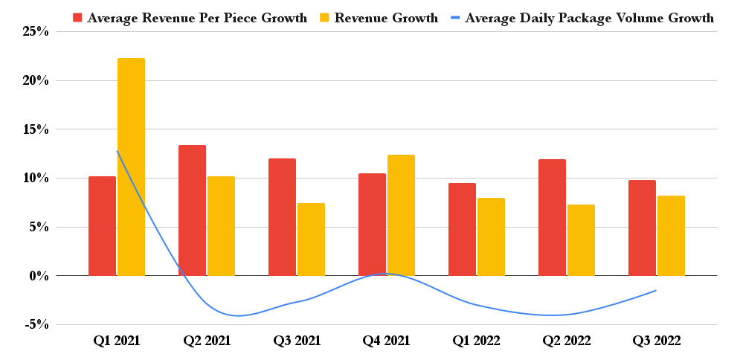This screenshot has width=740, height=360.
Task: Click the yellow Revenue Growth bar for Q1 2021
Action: pyautogui.click(x=132, y=167)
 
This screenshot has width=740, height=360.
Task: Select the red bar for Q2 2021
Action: pyautogui.click(x=192, y=210)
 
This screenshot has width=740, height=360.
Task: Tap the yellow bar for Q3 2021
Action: pyautogui.click(x=311, y=239)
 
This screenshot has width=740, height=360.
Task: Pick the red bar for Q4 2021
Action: pyautogui.click(x=372, y=224)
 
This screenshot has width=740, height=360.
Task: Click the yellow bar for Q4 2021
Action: pyautogui.click(x=401, y=215)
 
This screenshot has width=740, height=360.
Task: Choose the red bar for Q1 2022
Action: pyautogui.click(x=462, y=229)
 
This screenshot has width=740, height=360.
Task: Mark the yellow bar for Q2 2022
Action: pyautogui.click(x=581, y=240)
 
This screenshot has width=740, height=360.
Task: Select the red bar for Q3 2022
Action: pyautogui.click(x=642, y=228)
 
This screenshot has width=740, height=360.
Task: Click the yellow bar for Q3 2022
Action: pyautogui.click(x=671, y=235)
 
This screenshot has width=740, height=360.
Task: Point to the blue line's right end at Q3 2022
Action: pyautogui.click(x=656, y=290)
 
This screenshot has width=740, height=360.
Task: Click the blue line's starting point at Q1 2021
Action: pyautogui.click(x=117, y=151)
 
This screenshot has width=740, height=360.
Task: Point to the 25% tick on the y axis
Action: pyautogui.click(x=35, y=31)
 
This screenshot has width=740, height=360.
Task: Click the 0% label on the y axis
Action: pyautogui.click(x=39, y=276)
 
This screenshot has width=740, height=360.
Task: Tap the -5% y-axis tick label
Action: pyautogui.click(x=36, y=324)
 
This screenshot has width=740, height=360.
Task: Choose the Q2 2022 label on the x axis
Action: pyautogui.click(x=567, y=341)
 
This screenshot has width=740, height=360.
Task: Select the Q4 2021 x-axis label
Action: pyautogui.click(x=386, y=341)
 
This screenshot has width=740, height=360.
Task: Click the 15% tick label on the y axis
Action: pyautogui.click(x=35, y=129)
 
